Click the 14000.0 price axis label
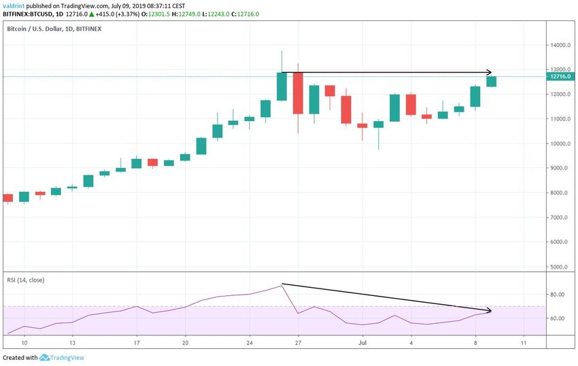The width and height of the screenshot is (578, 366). pyautogui.click(x=561, y=46)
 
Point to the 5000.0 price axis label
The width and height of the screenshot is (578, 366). pyautogui.click(x=560, y=267)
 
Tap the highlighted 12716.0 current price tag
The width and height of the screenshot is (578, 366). pyautogui.click(x=561, y=76)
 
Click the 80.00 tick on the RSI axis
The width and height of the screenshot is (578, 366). pyautogui.click(x=559, y=295)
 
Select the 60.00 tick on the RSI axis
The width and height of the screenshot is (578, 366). pyautogui.click(x=559, y=318)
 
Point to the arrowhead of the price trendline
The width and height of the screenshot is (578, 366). pyautogui.click(x=489, y=72)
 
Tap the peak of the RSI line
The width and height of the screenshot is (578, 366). pyautogui.click(x=282, y=285)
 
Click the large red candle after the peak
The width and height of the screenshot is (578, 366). pyautogui.click(x=298, y=93)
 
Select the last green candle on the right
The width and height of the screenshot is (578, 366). pyautogui.click(x=491, y=82)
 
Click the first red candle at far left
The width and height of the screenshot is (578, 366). pyautogui.click(x=8, y=198)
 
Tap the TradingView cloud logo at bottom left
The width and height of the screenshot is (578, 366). pyautogui.click(x=45, y=357)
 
